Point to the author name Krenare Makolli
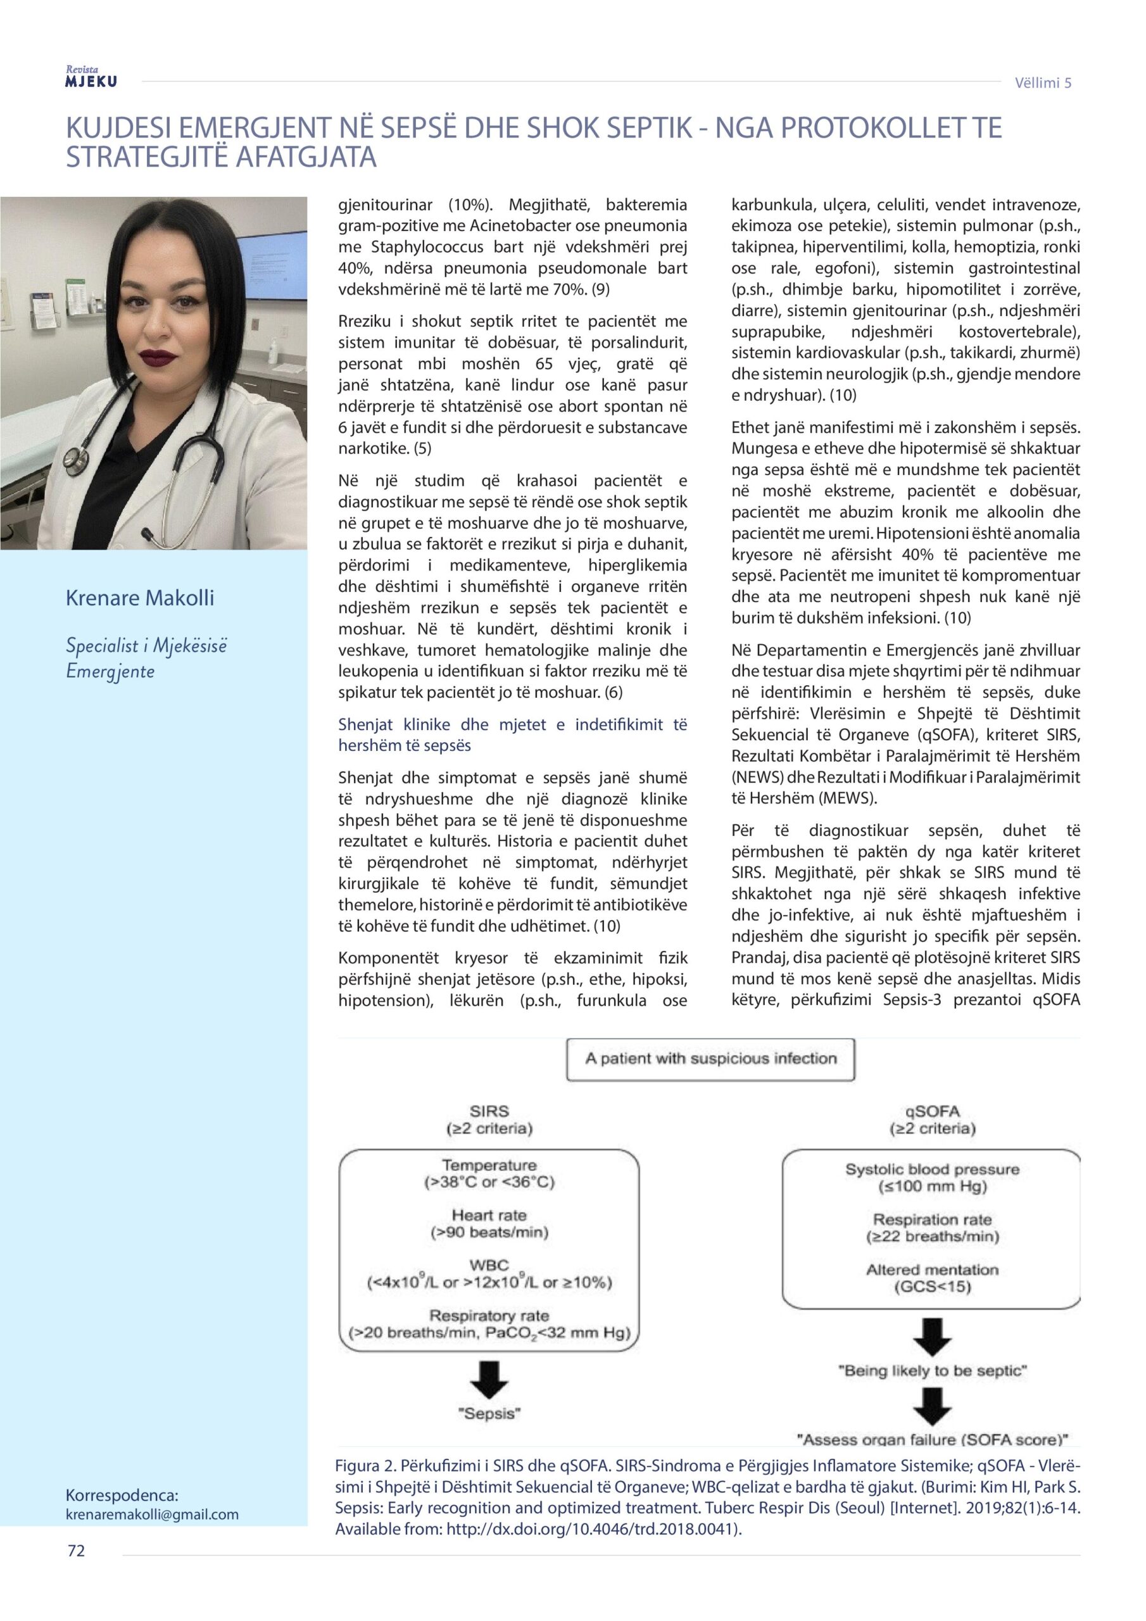[140, 598]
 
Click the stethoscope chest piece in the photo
[72, 460]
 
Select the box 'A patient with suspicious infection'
[710, 1059]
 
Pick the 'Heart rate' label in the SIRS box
[489, 1216]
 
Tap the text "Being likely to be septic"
[932, 1371]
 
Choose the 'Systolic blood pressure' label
[932, 1169]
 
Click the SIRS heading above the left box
[489, 1111]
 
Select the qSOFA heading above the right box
[932, 1111]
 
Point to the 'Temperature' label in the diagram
[489, 1165]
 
